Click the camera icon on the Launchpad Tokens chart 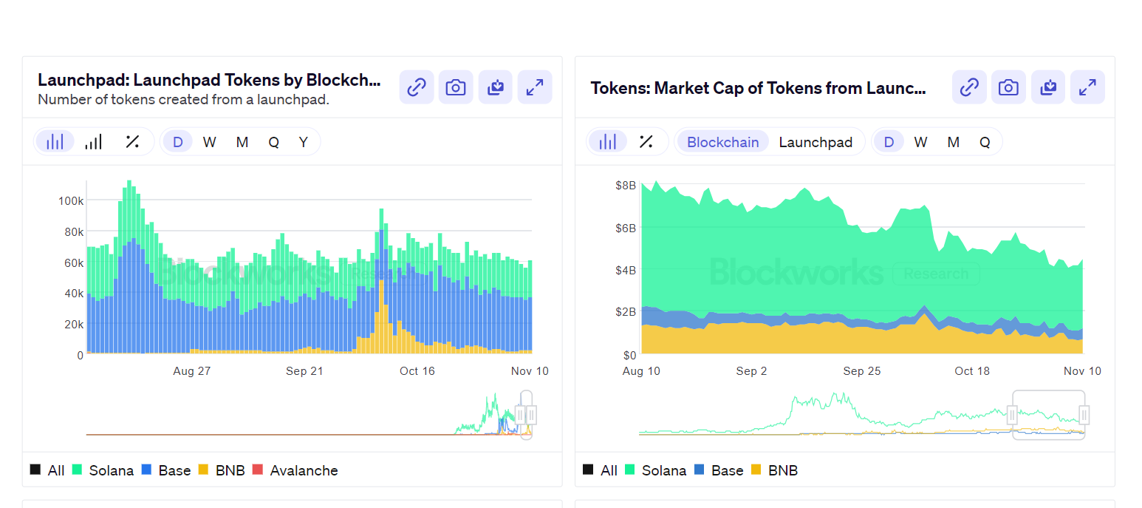point(456,87)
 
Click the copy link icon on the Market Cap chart point(969,87)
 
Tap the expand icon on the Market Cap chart point(1087,87)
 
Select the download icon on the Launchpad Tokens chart point(495,87)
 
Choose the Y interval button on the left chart point(303,142)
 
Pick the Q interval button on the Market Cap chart point(985,142)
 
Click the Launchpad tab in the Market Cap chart point(816,142)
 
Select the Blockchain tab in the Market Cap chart point(722,142)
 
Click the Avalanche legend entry point(304,470)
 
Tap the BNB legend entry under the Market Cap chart point(782,470)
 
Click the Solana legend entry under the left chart point(111,470)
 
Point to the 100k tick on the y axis point(70,200)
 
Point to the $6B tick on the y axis point(625,228)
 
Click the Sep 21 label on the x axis point(304,371)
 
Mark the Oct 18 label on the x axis point(972,371)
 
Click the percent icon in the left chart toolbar point(132,142)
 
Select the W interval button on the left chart point(209,142)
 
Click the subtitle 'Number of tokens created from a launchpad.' point(183,99)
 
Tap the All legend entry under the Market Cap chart point(608,470)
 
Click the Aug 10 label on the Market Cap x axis point(641,371)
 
